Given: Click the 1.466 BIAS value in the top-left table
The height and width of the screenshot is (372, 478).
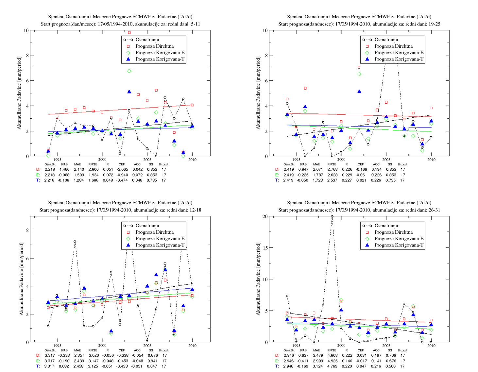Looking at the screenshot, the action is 64,169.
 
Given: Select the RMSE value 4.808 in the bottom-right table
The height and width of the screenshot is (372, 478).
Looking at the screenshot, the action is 332,355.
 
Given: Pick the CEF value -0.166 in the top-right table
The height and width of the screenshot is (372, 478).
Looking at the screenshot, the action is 361,169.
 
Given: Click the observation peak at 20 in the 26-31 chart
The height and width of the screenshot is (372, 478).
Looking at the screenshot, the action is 332,216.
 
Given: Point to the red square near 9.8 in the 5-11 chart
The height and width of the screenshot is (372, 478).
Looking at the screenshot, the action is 129,33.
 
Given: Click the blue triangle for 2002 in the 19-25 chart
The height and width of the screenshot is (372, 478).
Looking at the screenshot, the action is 359,91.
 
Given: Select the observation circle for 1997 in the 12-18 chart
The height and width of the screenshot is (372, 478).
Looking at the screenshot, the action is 75,241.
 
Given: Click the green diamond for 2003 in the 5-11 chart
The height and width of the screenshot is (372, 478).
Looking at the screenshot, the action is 129,71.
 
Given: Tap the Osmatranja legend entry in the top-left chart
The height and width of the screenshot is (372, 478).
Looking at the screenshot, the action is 147,40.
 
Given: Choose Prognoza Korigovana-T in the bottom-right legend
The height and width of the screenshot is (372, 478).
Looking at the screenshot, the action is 399,245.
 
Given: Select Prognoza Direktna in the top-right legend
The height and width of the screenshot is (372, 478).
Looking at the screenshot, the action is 394,46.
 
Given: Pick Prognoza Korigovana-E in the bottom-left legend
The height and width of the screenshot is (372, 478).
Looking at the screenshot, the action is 160,239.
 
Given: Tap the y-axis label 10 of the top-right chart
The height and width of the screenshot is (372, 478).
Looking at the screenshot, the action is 265,30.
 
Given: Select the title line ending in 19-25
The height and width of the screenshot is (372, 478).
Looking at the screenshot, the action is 359,24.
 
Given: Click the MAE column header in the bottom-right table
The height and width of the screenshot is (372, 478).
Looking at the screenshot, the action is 316,350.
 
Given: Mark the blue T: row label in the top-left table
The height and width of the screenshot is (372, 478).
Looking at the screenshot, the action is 38,180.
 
